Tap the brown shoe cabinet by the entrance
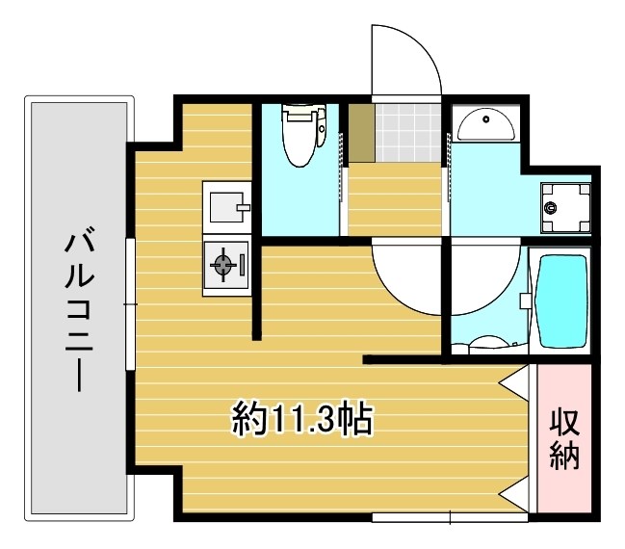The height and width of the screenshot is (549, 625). [x=360, y=131]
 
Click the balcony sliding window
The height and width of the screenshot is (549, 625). [x=130, y=303]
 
